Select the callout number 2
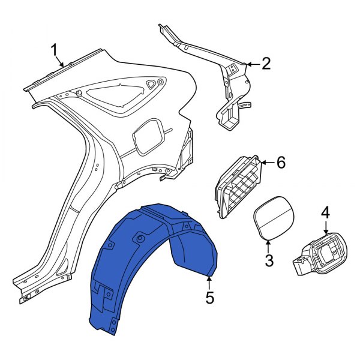pos(266,62)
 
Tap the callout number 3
pos(269,260)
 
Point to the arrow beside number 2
pos(253,62)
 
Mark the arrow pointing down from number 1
pos(59,60)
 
